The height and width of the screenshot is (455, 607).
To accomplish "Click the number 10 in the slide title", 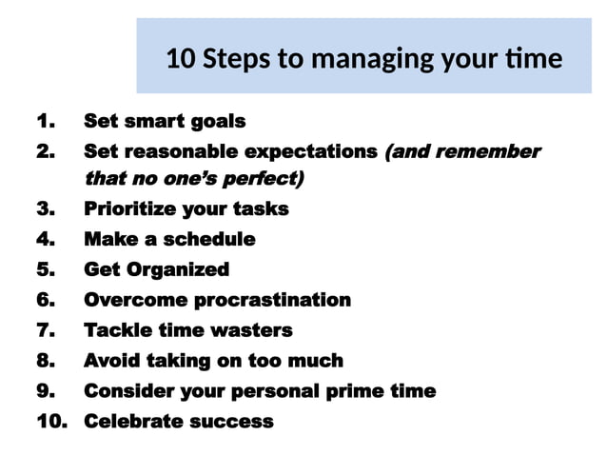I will tap(179, 59).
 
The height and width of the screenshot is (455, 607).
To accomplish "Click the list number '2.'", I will tap(45, 151).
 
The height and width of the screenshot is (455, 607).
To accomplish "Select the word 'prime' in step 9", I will tap(358, 391).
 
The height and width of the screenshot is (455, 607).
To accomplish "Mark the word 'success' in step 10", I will tap(229, 422).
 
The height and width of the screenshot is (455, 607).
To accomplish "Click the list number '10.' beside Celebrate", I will tap(52, 422).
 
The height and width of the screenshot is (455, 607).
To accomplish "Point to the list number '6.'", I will tap(45, 301).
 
